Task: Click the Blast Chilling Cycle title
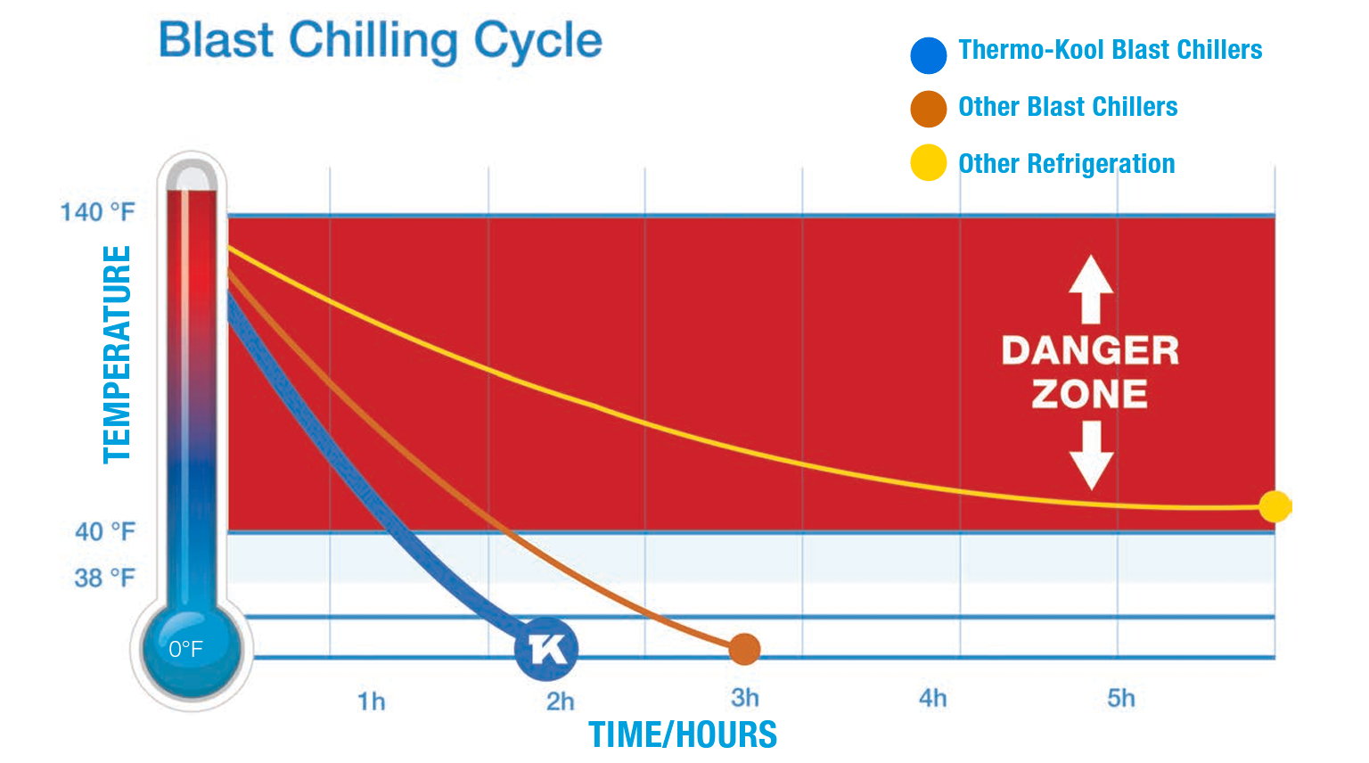pyautogui.click(x=381, y=41)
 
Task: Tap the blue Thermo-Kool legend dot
pyautogui.click(x=928, y=55)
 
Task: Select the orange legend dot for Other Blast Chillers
pyautogui.click(x=928, y=109)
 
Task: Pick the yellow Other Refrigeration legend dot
pyautogui.click(x=928, y=163)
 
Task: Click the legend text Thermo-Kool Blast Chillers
pyautogui.click(x=1110, y=50)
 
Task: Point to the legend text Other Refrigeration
pyautogui.click(x=1066, y=164)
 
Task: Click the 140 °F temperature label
pyautogui.click(x=97, y=212)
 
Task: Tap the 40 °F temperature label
pyautogui.click(x=104, y=532)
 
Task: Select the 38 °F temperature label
pyautogui.click(x=104, y=578)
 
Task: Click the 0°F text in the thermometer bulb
pyautogui.click(x=185, y=649)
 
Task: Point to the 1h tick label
pyautogui.click(x=372, y=701)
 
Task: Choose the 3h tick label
pyautogui.click(x=745, y=698)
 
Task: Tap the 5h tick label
pyautogui.click(x=1121, y=698)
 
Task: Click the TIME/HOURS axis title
pyautogui.click(x=683, y=734)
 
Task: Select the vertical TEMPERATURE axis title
pyautogui.click(x=118, y=354)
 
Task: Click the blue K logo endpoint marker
pyautogui.click(x=546, y=649)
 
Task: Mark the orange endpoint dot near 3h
pyautogui.click(x=744, y=649)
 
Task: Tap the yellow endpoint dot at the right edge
pyautogui.click(x=1275, y=506)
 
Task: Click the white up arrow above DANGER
pyautogui.click(x=1091, y=289)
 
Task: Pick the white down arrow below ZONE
pyautogui.click(x=1091, y=455)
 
